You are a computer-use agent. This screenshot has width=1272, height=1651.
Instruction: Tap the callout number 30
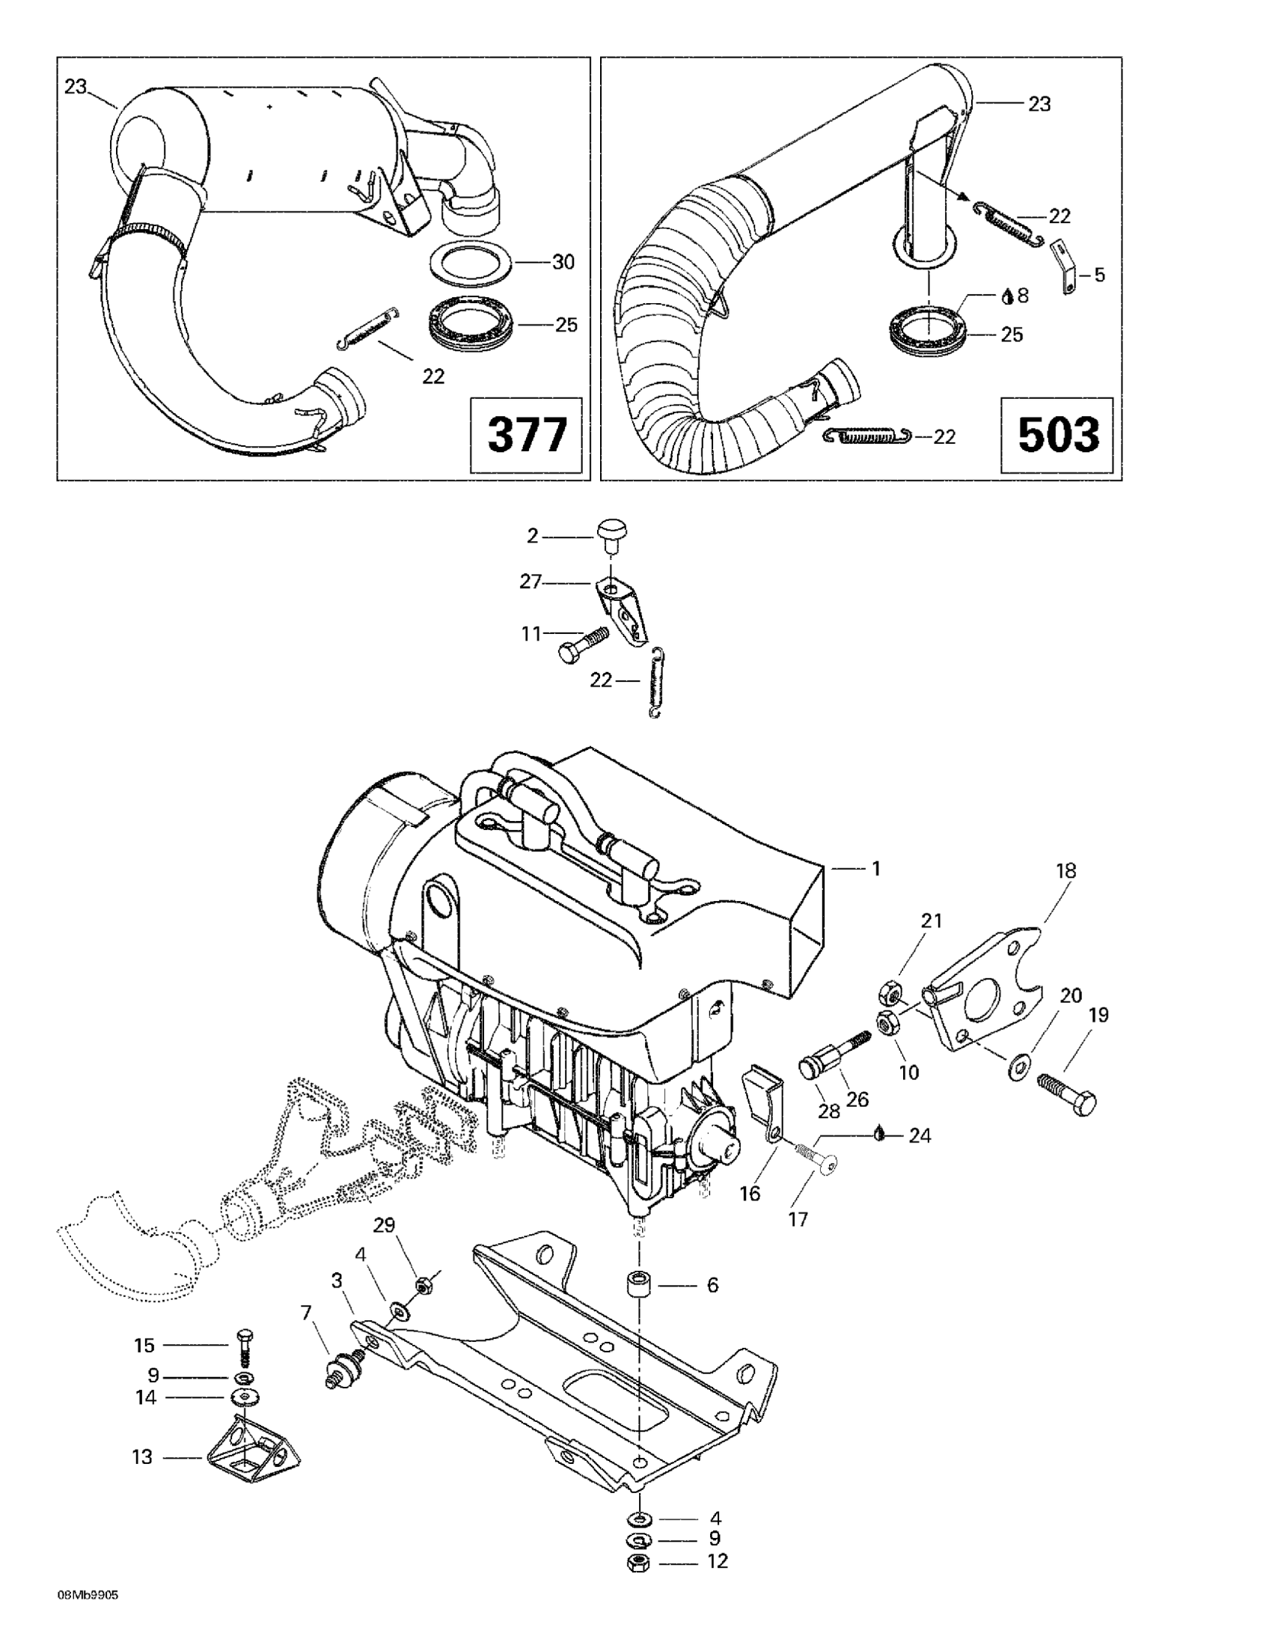pyautogui.click(x=563, y=262)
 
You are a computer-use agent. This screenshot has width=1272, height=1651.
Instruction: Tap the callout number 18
pyautogui.click(x=1066, y=870)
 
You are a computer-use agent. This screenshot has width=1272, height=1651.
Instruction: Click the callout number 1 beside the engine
pyautogui.click(x=876, y=870)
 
